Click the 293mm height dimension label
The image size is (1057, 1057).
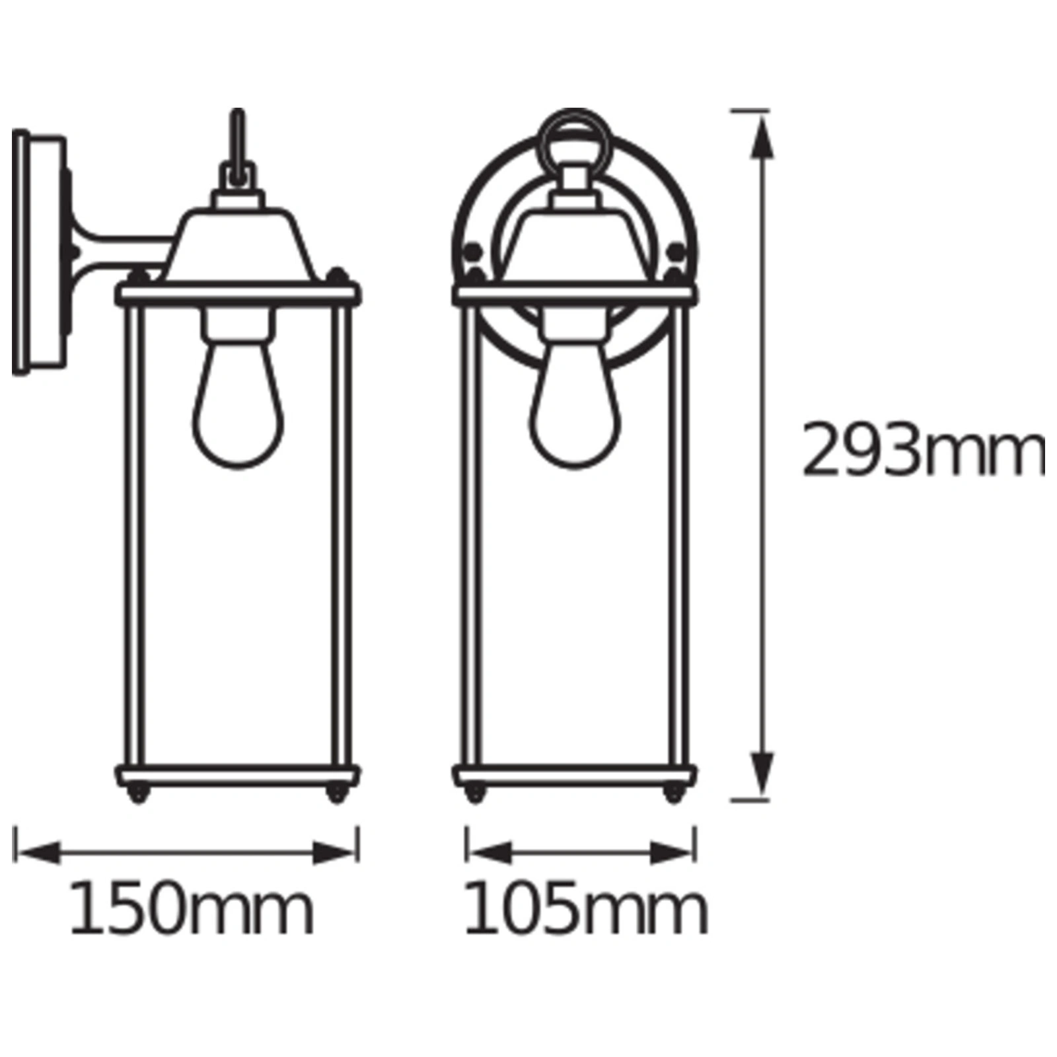pos(924,451)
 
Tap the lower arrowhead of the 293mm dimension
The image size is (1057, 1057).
pos(762,773)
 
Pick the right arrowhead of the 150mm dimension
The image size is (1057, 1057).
pos(334,852)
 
